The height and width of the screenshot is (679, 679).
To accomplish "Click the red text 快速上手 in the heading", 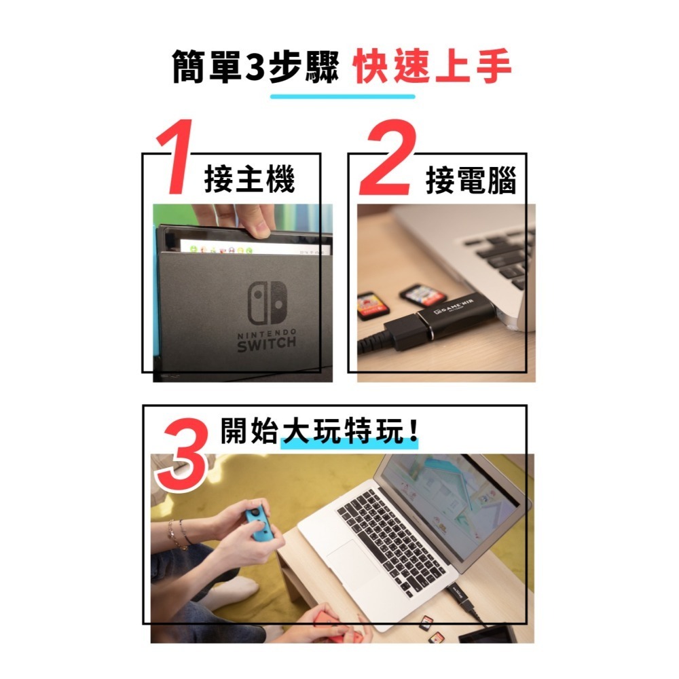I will (433, 69).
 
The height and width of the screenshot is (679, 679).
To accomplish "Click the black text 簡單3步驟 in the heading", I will (255, 69).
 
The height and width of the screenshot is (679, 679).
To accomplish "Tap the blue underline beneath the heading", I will (342, 96).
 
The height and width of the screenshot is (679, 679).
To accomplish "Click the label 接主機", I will (250, 181).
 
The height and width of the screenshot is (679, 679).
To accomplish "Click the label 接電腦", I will (471, 181).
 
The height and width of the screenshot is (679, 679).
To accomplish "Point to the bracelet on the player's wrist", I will (179, 534).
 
